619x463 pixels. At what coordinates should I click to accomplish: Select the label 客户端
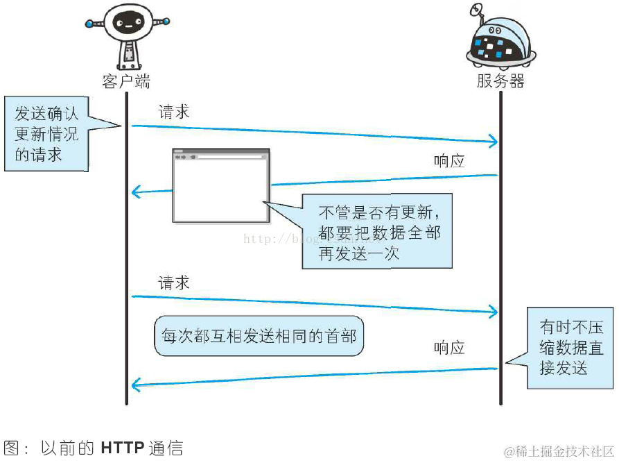[126, 81]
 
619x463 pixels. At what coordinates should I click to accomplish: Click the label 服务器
[500, 81]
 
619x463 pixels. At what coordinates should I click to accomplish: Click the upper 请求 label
[174, 111]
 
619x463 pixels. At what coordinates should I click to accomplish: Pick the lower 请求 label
[174, 283]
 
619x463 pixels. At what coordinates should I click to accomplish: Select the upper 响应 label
[449, 161]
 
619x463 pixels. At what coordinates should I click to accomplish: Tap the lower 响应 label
[449, 348]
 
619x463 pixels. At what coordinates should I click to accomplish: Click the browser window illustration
[221, 186]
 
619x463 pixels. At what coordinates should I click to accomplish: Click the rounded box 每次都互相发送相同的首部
[259, 336]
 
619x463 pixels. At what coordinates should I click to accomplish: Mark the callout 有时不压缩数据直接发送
[570, 347]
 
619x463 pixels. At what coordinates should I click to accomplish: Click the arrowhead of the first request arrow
[494, 142]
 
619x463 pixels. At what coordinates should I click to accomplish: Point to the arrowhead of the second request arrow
[494, 312]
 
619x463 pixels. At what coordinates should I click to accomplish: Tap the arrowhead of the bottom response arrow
[135, 383]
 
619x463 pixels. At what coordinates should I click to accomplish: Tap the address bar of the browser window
[229, 157]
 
